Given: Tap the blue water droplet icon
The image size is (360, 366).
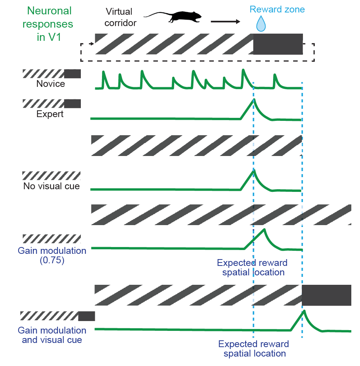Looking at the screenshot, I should click(261, 24).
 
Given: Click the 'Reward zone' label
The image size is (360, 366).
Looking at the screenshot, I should click(278, 9).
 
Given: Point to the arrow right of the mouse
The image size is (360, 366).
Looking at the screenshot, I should click(225, 22).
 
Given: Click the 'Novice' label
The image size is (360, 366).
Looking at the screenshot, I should click(51, 83).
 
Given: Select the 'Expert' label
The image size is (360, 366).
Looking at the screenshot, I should click(50, 114).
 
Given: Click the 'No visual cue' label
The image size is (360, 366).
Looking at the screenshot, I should click(51, 186).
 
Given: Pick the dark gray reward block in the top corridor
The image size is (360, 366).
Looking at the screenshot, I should click(278, 43).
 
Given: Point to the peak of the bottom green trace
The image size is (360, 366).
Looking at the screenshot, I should click(303, 310).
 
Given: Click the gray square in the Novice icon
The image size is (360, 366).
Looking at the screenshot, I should click(73, 74).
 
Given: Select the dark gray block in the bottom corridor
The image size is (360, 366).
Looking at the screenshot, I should click(326, 295).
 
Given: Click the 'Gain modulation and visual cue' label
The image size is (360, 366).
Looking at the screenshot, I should click(53, 335).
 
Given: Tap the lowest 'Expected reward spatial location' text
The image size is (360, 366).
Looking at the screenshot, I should click(254, 349).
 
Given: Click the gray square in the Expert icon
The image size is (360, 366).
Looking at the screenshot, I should click(73, 103).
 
